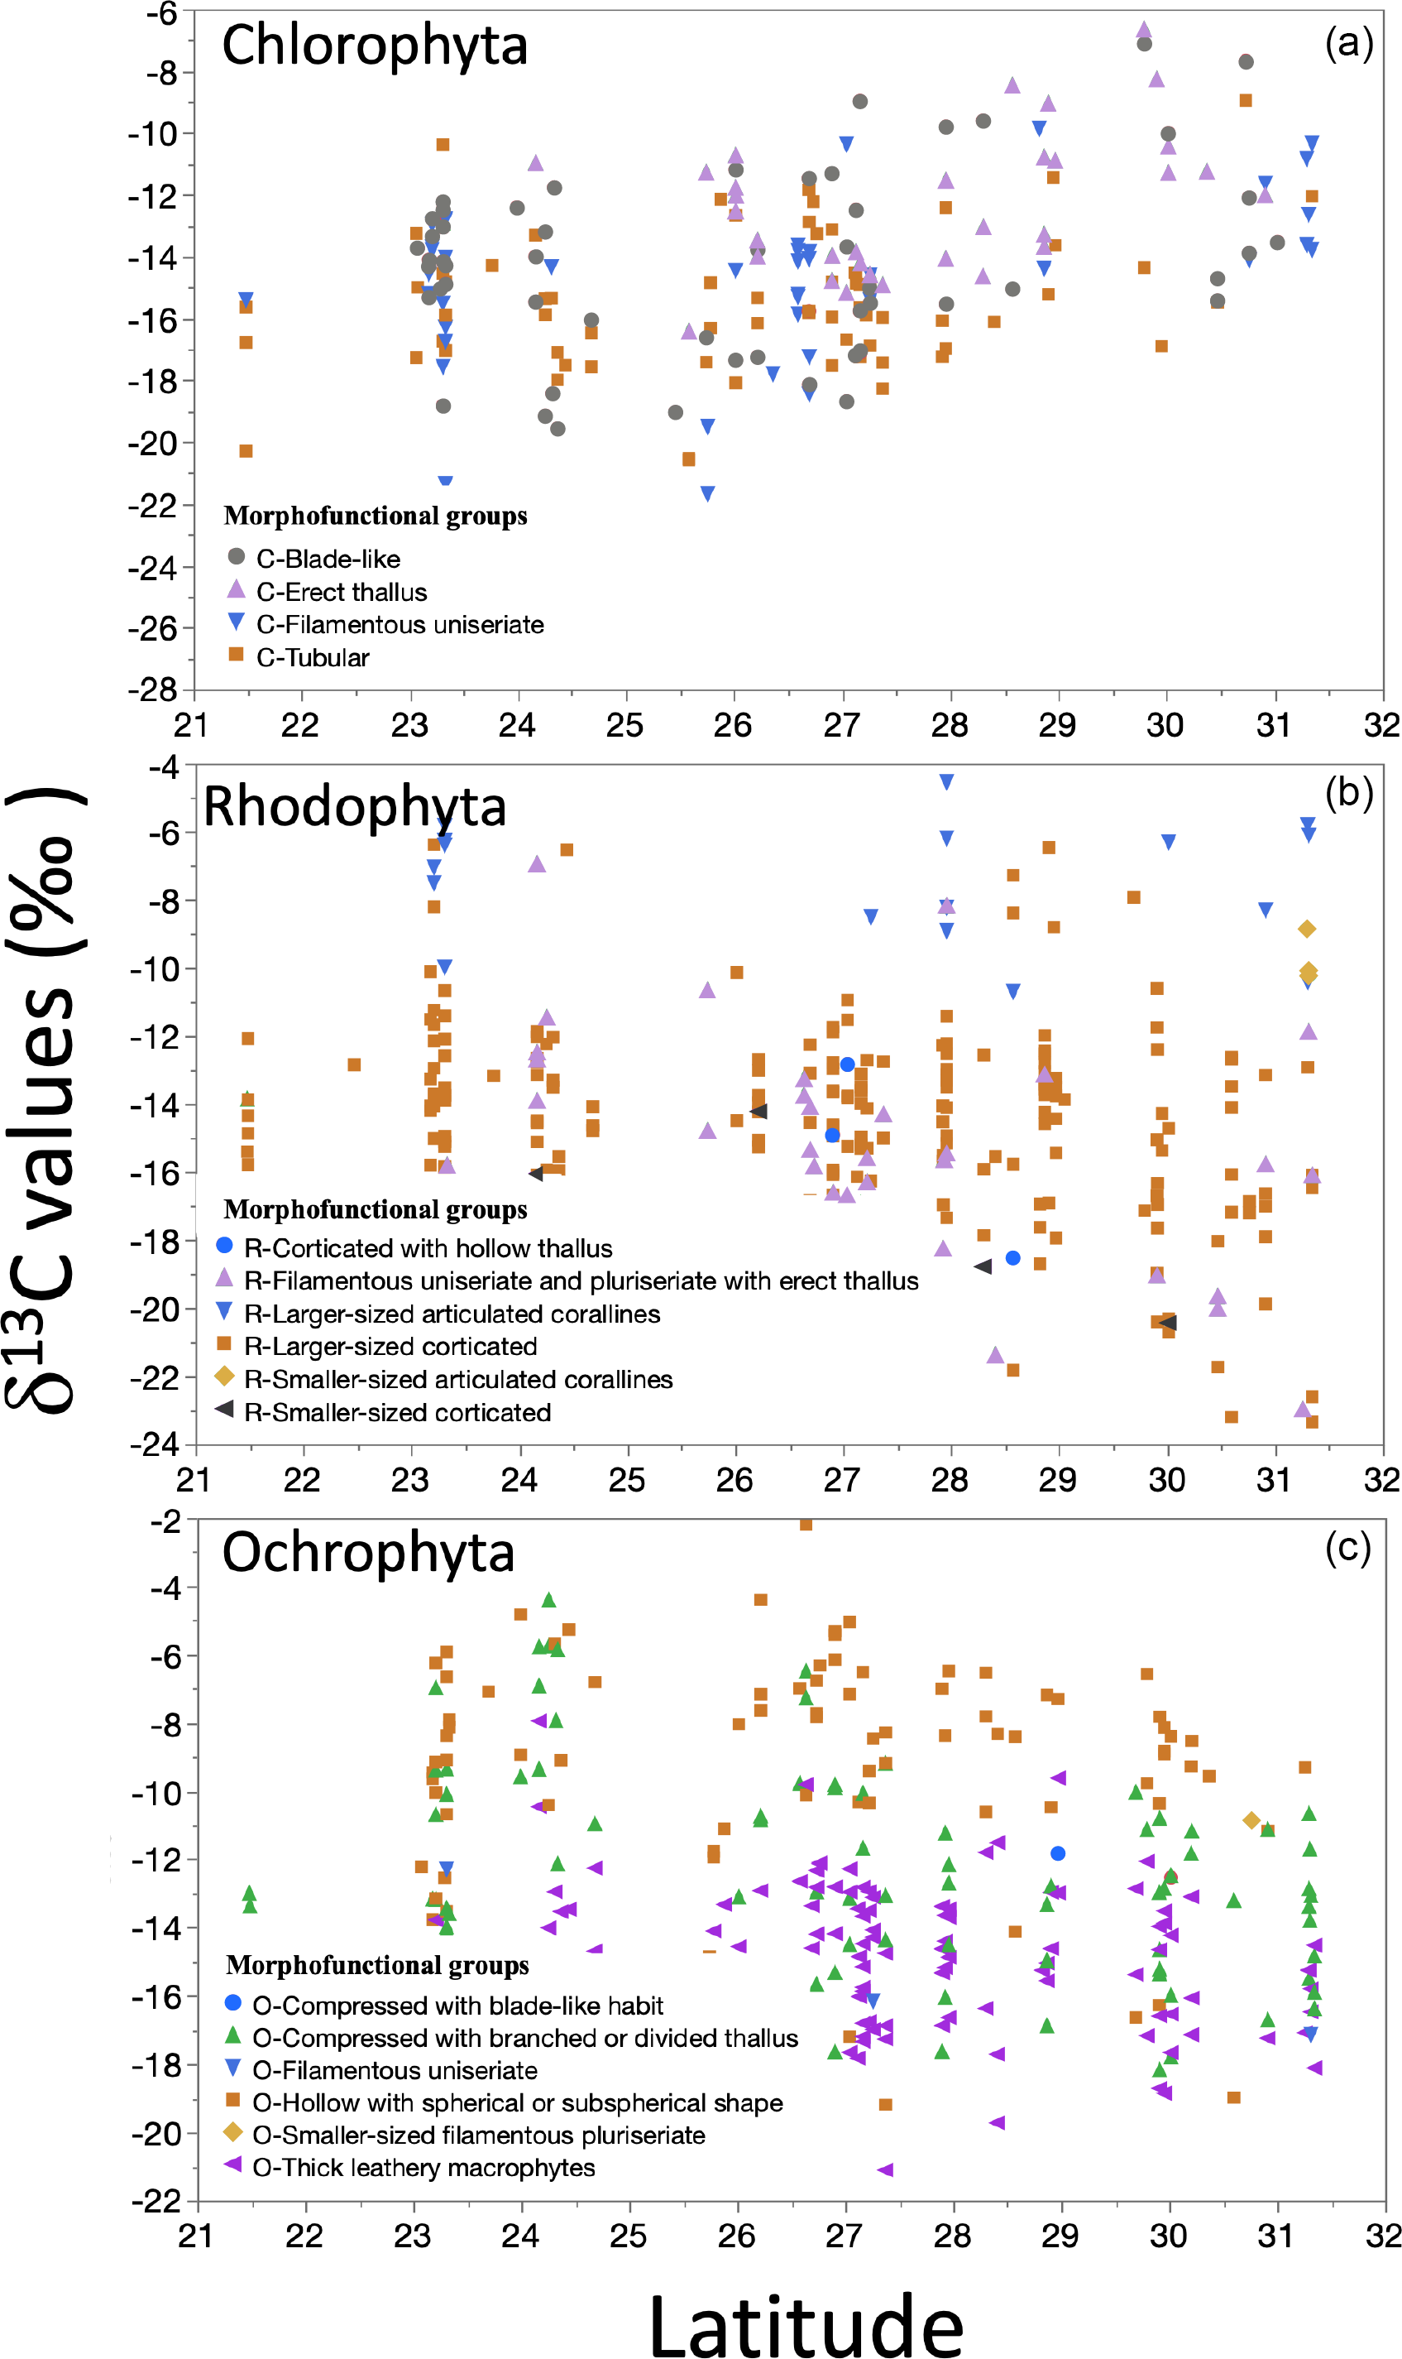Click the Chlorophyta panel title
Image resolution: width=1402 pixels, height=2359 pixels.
point(374,46)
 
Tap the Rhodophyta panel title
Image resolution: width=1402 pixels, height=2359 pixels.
point(354,806)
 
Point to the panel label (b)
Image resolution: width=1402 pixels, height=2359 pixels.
point(1348,793)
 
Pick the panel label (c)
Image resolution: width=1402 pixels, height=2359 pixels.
point(1348,1546)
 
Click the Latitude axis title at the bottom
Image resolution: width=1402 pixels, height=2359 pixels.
point(806,2326)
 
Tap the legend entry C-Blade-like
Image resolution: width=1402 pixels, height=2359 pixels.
point(328,559)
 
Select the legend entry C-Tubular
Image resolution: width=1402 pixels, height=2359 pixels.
point(313,657)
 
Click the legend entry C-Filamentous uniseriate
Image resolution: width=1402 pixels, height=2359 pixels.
point(400,624)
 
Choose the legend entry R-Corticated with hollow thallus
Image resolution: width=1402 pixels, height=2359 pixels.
point(428,1247)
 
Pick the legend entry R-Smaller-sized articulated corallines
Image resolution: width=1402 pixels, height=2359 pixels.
point(458,1379)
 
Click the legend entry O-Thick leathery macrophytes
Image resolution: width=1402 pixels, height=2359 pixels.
point(423,2167)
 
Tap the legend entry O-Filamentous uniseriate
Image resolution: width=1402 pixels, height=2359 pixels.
point(395,2070)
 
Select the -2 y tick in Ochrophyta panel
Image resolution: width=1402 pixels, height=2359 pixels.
point(165,1521)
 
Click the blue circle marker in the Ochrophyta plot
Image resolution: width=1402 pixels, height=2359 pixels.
point(1058,1853)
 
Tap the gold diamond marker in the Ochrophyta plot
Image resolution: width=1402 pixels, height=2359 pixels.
point(1251,1820)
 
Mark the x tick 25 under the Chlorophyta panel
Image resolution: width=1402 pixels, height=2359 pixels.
point(624,726)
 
